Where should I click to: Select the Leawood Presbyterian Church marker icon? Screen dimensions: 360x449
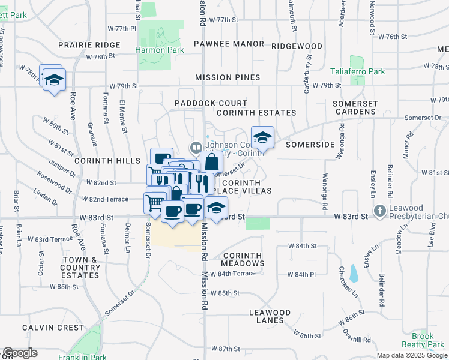[379, 211]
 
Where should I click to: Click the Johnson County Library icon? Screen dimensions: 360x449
[196, 147]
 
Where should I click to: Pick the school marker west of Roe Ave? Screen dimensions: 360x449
[54, 80]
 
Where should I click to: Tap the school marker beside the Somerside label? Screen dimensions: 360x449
[262, 138]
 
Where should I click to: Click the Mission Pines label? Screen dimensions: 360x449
[228, 77]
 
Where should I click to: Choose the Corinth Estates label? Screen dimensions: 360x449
[256, 113]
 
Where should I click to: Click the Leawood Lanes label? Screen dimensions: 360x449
[270, 316]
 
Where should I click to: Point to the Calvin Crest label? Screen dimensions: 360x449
[53, 328]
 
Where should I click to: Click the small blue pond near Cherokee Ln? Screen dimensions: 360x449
[354, 274]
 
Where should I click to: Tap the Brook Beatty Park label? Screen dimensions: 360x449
[428, 341]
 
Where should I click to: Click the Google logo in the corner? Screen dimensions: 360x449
[20, 353]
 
